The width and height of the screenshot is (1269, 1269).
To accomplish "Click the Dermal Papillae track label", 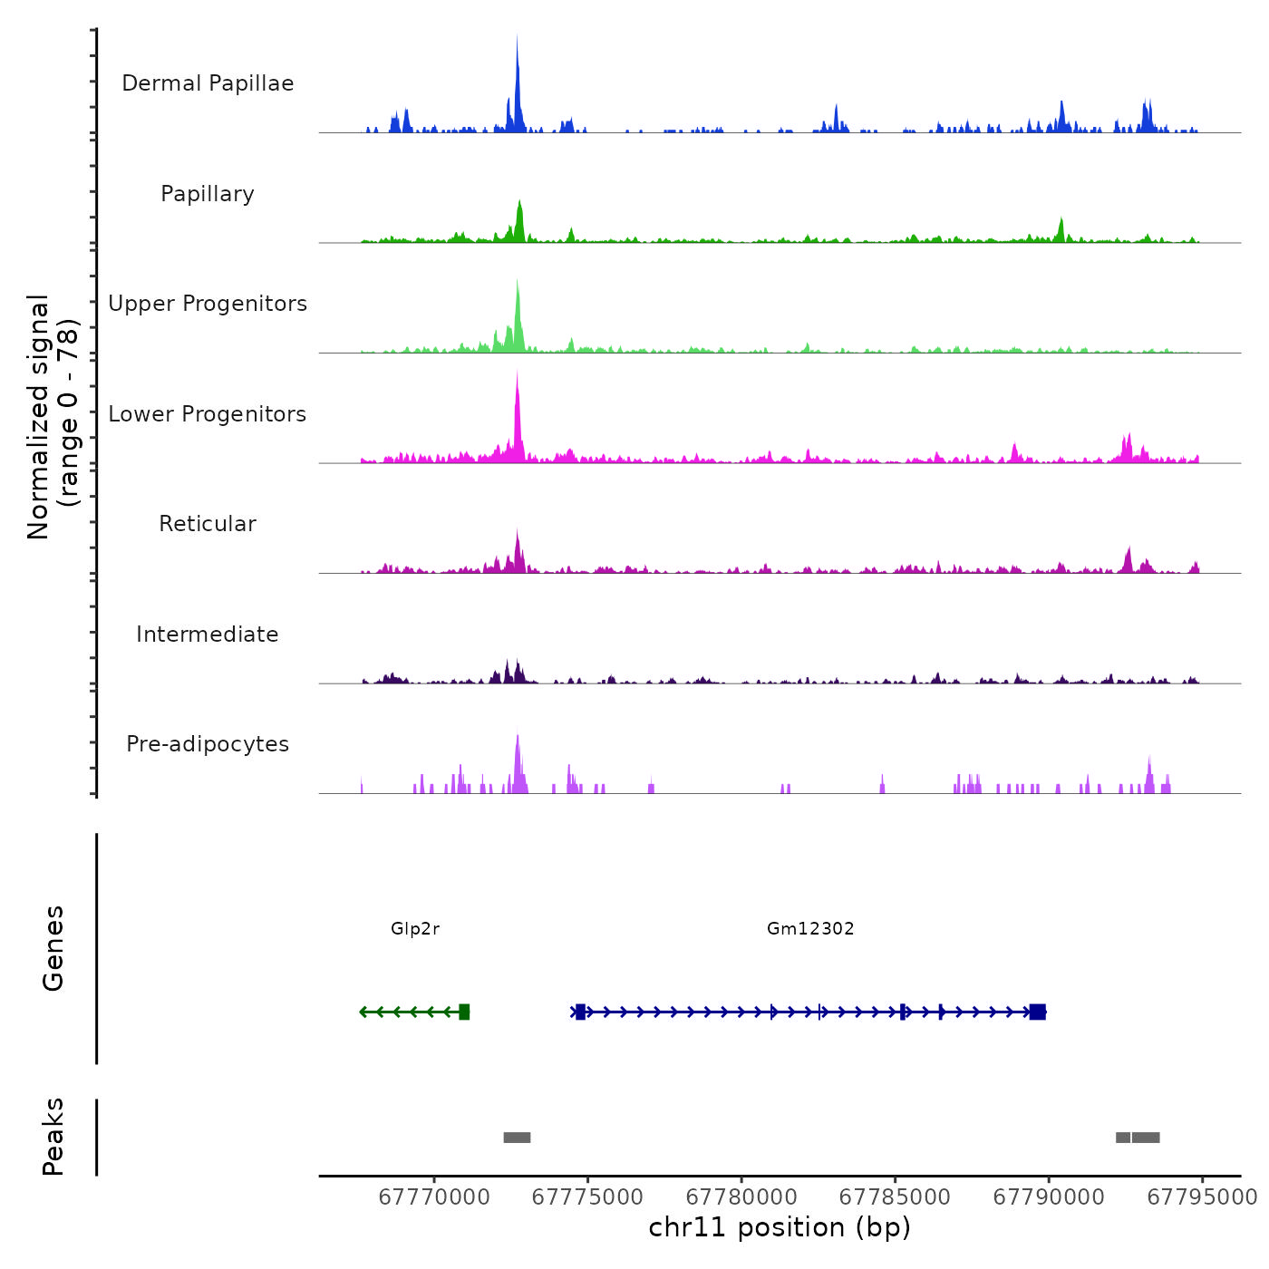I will (x=208, y=83).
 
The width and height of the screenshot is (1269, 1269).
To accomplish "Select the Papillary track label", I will (x=208, y=194).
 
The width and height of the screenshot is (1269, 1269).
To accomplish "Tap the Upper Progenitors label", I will (x=208, y=304).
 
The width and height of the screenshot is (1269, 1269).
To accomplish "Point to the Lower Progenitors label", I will (x=208, y=414).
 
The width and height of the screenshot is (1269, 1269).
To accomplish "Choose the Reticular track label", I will (x=208, y=524).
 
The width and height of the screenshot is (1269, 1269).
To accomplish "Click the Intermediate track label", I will (x=208, y=634).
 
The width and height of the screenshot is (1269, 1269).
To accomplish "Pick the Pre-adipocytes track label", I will (x=208, y=744).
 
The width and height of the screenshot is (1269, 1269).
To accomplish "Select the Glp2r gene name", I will (x=415, y=928).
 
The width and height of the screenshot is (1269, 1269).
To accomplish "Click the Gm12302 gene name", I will (x=810, y=928).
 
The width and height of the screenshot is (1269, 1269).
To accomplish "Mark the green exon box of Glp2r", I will (x=464, y=1012).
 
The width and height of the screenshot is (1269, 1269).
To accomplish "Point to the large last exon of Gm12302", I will (x=1038, y=1012).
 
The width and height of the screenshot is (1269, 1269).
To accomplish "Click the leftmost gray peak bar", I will (x=517, y=1138).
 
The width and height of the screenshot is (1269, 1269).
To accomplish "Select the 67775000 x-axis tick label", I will (x=587, y=1197).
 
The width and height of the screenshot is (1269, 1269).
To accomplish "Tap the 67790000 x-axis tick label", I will (x=1049, y=1197).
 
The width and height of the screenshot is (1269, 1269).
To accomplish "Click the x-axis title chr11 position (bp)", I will (x=780, y=1227).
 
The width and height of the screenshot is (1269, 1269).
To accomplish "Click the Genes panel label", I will (x=53, y=948).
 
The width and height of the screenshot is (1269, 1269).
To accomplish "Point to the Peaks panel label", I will (x=53, y=1137).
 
